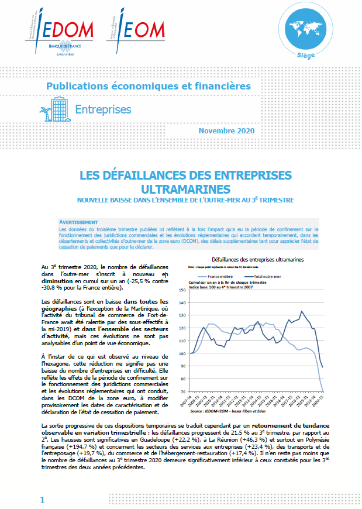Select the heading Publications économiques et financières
pos(149,86)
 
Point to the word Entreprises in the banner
pos(103,109)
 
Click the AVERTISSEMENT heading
pos(78,223)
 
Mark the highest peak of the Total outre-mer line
pos(302,311)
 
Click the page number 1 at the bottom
pos(42,500)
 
